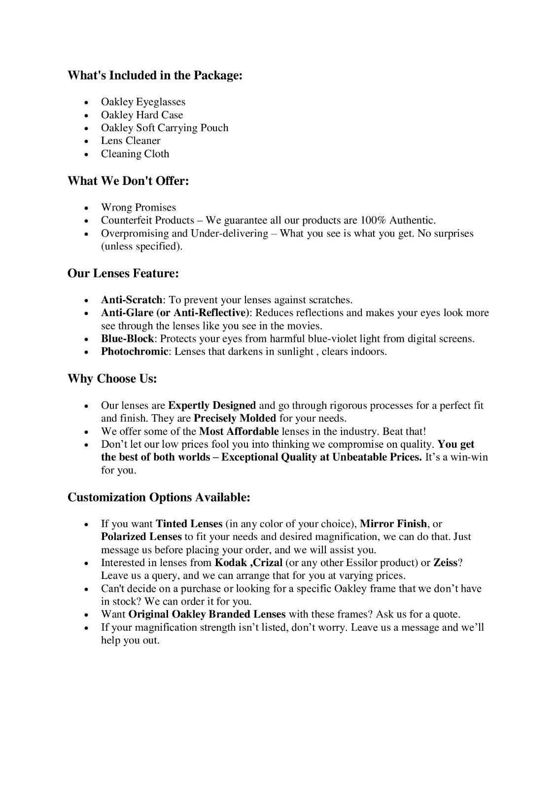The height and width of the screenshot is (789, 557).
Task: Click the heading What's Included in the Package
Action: (x=155, y=75)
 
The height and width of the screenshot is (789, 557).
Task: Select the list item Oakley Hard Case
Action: (x=142, y=115)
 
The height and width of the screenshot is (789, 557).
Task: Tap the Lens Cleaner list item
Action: (x=131, y=141)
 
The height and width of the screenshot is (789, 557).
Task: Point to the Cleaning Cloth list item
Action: (x=135, y=154)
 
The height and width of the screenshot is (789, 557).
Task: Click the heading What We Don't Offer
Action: (x=128, y=181)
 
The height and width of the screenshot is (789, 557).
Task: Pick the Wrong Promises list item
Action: (x=139, y=208)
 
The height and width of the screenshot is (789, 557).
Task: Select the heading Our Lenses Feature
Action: (x=123, y=273)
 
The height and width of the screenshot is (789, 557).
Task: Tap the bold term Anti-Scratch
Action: (x=132, y=300)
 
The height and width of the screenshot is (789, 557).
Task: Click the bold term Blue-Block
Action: (x=128, y=339)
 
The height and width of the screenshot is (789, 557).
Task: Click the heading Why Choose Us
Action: (x=112, y=379)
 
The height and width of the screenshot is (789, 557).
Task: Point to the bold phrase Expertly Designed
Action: (x=212, y=406)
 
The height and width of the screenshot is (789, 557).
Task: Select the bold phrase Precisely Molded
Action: (x=235, y=419)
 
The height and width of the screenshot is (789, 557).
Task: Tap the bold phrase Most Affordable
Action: (x=239, y=431)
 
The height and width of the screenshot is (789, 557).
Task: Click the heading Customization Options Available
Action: (x=159, y=497)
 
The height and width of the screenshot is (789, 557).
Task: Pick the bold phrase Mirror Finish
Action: (x=393, y=524)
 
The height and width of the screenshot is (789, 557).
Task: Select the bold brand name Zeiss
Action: (x=445, y=563)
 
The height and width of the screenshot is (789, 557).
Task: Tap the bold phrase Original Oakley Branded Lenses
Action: (x=207, y=614)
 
